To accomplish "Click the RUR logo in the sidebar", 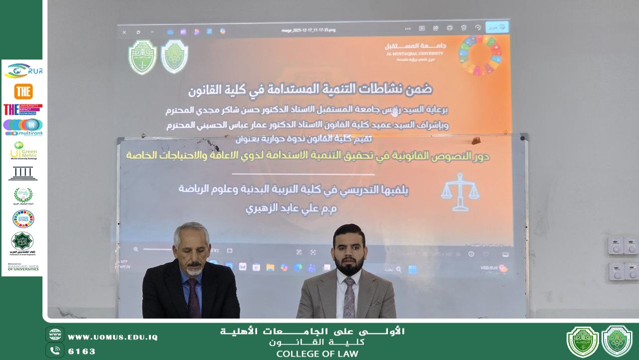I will point(23,71).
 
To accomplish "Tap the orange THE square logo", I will point(23,91).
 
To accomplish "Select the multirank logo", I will point(23,127).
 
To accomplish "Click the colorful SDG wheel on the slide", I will point(480,55).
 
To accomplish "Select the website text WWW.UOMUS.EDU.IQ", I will point(113,337).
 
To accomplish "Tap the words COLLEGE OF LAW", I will point(317,354).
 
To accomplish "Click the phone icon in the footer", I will point(55,351).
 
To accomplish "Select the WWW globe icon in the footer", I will point(55,335).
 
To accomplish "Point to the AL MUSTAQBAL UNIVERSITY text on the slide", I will point(414,52).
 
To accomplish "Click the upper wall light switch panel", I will point(623,246).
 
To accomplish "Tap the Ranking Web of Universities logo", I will point(23,267).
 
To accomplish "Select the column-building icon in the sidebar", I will point(23,173).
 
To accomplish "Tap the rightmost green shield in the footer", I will point(617,341).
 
